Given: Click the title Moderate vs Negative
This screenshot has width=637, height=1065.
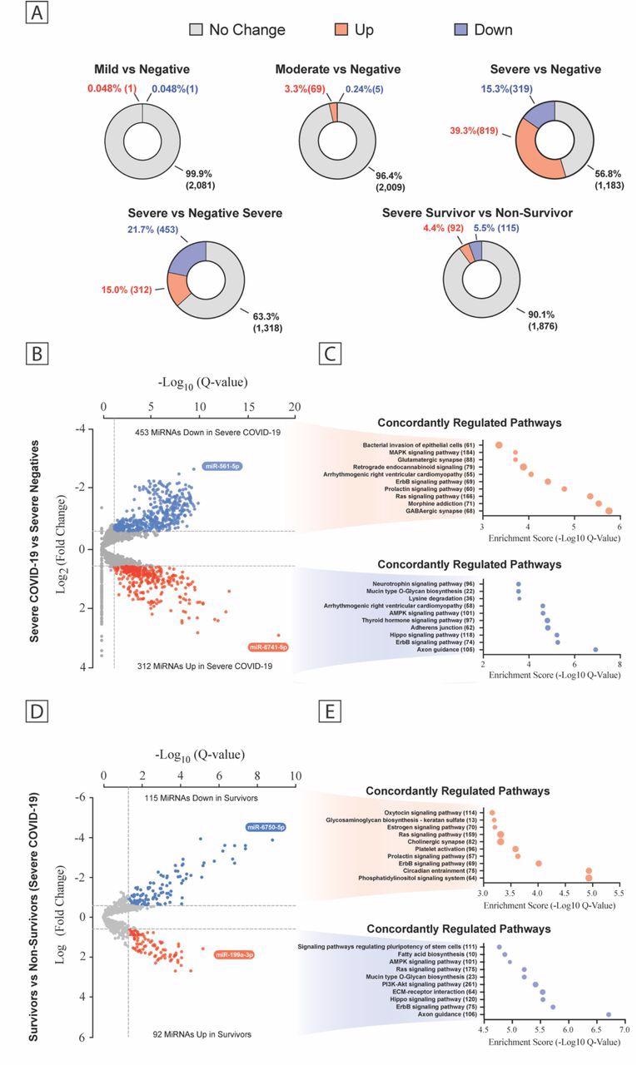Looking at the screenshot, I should [x=337, y=69].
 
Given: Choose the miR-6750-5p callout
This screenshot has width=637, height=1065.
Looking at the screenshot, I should [x=266, y=827].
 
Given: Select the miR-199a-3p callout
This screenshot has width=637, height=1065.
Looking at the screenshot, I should [x=234, y=954].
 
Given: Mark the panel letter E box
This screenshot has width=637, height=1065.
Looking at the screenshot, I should [x=330, y=715].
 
